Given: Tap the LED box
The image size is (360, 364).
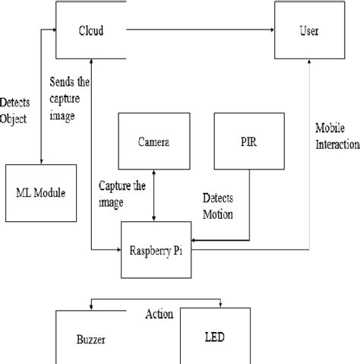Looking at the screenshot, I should tap(214, 336).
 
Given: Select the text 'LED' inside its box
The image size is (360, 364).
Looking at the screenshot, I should tap(215, 335).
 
